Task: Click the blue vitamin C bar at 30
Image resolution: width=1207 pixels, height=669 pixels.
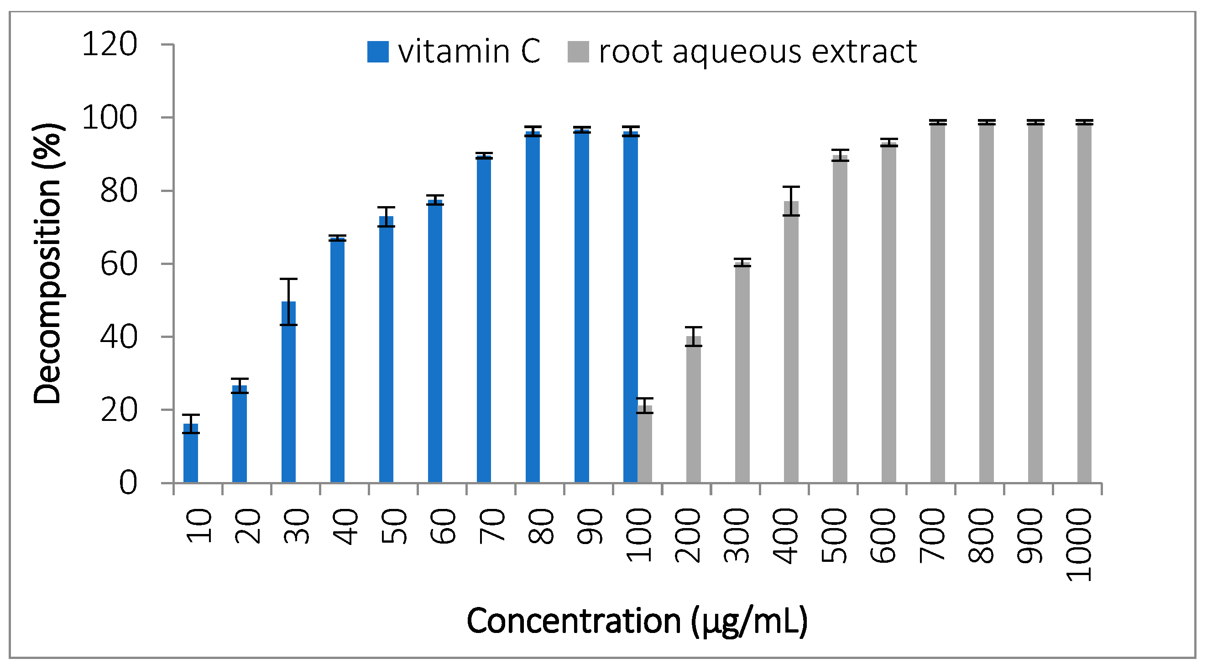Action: [288, 393]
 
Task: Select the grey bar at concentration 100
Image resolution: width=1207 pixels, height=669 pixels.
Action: [645, 445]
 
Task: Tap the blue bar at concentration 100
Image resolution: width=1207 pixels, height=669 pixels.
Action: [630, 309]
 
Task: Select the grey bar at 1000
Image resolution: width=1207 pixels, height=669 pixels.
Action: [1084, 304]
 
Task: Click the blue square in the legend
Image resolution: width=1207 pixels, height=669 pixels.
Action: [378, 52]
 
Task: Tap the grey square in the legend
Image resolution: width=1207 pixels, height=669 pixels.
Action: [578, 52]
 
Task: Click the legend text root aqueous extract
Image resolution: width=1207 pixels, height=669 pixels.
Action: [758, 51]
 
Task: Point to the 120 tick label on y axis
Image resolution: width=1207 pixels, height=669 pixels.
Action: [109, 45]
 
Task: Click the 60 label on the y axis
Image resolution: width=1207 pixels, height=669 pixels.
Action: [119, 264]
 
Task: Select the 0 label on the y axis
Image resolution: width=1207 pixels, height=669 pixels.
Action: [128, 482]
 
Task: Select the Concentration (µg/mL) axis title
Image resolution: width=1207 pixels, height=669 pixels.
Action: [637, 621]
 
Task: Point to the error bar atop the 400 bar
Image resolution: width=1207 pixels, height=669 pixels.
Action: [791, 201]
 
